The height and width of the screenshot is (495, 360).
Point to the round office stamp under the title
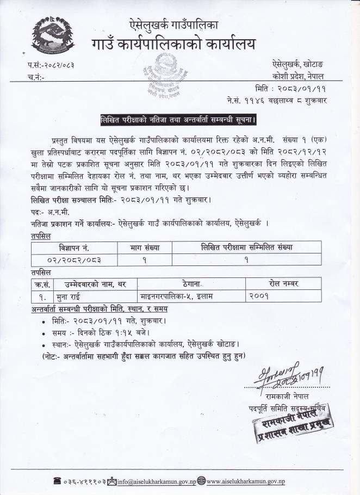tap(163, 76)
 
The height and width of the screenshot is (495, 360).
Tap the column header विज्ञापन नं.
tap(74, 247)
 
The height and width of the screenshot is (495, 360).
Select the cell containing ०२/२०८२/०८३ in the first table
tap(74, 260)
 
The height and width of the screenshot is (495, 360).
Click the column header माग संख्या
tap(145, 247)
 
